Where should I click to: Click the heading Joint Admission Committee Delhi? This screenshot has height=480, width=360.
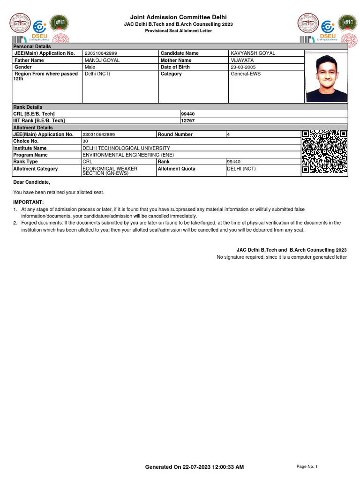[x=178, y=17]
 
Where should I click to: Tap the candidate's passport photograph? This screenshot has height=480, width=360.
[x=327, y=78]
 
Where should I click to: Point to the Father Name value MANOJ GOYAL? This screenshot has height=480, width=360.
[x=102, y=60]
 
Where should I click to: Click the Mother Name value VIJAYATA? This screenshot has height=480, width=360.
[x=242, y=60]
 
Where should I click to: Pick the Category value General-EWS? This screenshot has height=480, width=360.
[x=246, y=74]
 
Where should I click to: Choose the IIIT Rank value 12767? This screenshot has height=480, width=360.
[x=187, y=120]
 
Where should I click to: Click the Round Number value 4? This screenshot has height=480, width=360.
[x=228, y=135]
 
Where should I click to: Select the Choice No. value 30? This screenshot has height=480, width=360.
[x=85, y=141]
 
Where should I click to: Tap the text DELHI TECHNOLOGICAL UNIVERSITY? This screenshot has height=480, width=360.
[x=126, y=148]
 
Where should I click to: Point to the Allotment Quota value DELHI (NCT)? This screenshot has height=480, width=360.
[x=241, y=169]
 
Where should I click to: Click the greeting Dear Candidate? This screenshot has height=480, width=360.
[x=31, y=182]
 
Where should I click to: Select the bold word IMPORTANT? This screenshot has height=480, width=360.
[x=28, y=202]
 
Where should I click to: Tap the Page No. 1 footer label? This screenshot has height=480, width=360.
[x=307, y=466]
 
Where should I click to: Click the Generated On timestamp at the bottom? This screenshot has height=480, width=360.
[x=194, y=467]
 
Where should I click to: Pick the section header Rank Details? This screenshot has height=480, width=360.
[x=28, y=107]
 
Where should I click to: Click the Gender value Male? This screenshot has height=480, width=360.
[x=90, y=67]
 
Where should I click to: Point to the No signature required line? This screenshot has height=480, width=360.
[x=281, y=257]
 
